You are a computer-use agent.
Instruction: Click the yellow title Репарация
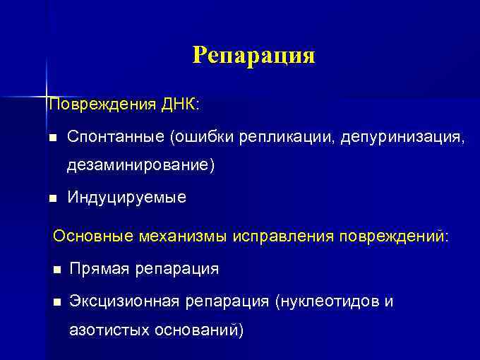pos(253,55)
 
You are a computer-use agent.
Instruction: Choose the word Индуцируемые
pos(127,198)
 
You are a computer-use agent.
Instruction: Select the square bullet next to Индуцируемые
pos(51,198)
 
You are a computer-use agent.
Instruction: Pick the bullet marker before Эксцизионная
pos(56,302)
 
